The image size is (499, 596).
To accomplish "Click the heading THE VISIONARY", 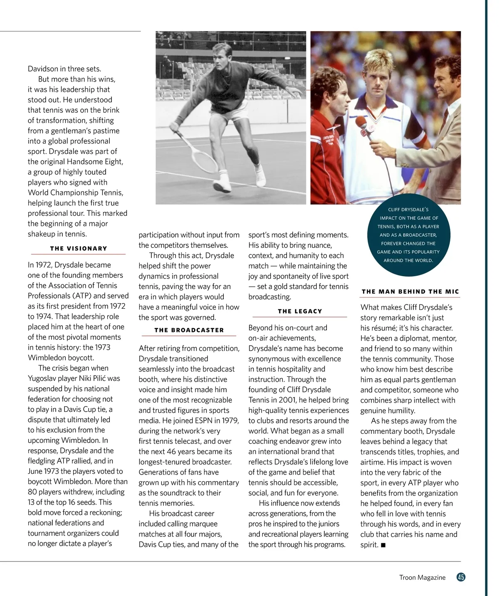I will (x=79, y=248).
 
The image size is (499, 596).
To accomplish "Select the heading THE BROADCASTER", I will (x=189, y=330).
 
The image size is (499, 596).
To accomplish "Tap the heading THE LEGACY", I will (x=300, y=311).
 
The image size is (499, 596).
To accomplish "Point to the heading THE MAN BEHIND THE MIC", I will (x=410, y=292).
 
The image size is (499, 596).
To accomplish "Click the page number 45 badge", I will (x=461, y=577).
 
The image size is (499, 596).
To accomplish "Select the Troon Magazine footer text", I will (x=422, y=577).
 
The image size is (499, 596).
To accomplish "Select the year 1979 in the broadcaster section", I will (x=230, y=420).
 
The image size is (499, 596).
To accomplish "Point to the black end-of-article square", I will (x=383, y=545).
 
